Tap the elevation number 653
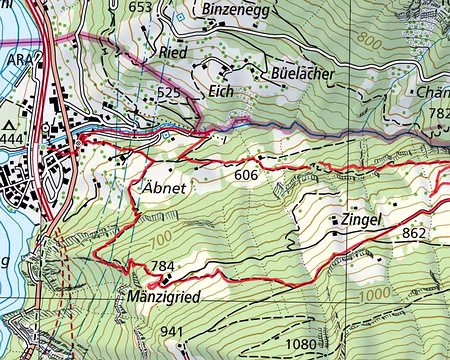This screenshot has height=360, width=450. pos(142,8)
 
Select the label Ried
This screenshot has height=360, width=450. pos(173,51)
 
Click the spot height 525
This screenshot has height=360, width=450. pos(168,92)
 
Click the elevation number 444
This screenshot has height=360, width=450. pos(13,136)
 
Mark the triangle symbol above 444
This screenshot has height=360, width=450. pos(11,122)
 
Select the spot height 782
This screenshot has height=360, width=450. pos(439,114)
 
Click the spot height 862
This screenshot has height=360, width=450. pos(415,233)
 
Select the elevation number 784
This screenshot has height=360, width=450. pos(161,267)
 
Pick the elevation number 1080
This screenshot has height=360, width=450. pos(301,345)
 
